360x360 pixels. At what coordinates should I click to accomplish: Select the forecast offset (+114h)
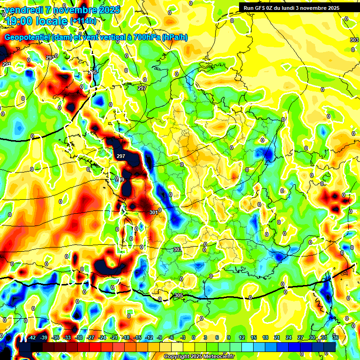[x=83, y=21]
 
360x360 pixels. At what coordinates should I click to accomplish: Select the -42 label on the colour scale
[x=32, y=337]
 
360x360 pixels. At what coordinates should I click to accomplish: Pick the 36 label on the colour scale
[x=335, y=337]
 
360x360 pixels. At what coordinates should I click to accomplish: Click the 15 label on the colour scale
[x=254, y=337]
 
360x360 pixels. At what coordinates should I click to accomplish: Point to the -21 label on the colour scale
[x=114, y=337]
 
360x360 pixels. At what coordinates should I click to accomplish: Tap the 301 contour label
[x=153, y=212]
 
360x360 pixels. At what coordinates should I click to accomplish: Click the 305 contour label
[x=178, y=295]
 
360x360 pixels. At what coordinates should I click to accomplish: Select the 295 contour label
[x=92, y=72]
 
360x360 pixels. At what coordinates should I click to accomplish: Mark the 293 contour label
[x=50, y=58]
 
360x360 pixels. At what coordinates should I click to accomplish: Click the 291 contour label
[x=6, y=64]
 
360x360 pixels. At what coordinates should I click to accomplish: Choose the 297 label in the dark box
[x=121, y=156]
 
